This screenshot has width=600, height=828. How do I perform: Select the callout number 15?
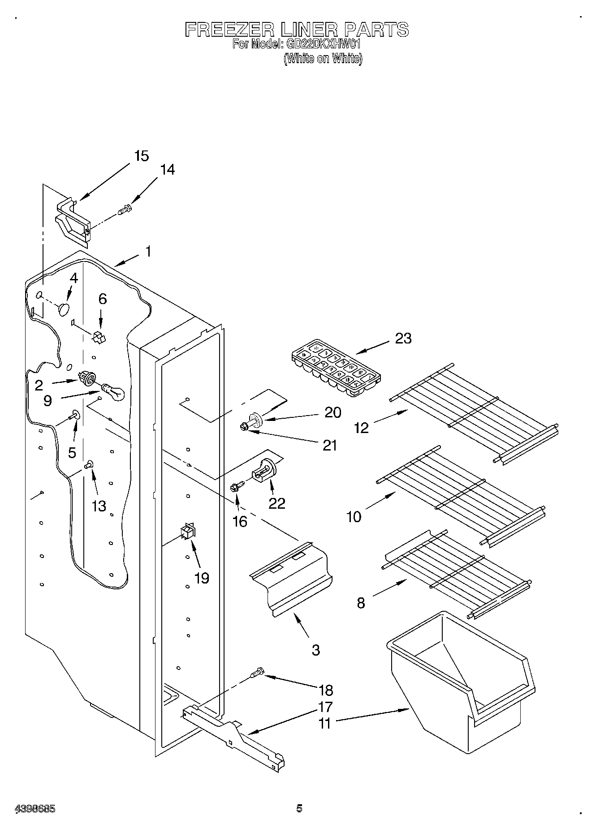[141, 156]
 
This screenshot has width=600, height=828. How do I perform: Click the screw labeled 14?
[125, 209]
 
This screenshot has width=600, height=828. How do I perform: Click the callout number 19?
[202, 578]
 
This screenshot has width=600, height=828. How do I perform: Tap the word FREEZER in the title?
[229, 30]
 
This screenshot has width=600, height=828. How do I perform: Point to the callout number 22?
[277, 503]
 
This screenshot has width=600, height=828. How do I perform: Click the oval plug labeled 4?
[64, 309]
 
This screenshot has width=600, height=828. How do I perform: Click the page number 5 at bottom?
[299, 808]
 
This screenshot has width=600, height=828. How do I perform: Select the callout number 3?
[316, 650]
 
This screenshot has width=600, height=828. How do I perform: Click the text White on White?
[323, 58]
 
